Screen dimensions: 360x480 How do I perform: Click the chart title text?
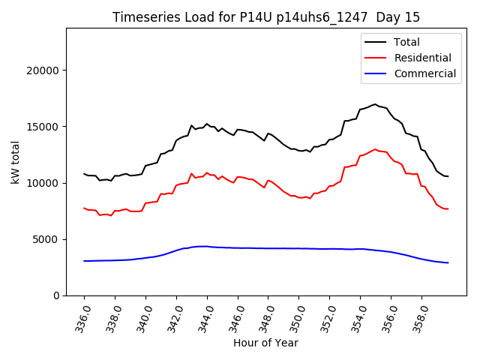coord(266,17)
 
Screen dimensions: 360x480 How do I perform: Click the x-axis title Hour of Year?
coord(265,343)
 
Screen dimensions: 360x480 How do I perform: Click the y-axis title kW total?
coord(16,162)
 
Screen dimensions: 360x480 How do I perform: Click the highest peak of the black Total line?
coord(375,104)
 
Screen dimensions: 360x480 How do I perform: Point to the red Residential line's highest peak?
coord(375,149)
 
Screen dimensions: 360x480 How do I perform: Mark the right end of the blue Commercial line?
coord(448,262)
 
